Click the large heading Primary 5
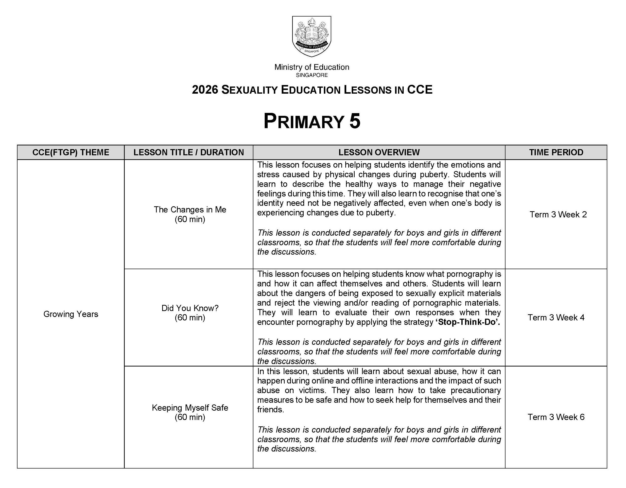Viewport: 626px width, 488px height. [x=312, y=121]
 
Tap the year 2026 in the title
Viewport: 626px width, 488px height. [x=205, y=90]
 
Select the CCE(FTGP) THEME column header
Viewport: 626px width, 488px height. [x=70, y=152]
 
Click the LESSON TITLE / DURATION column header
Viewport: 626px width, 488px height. [x=189, y=152]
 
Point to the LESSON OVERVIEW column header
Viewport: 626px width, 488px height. [x=379, y=152]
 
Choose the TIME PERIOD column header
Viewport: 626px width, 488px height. [x=556, y=152]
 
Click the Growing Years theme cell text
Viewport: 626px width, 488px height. [x=70, y=314]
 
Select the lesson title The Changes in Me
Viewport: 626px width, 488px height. [x=190, y=209]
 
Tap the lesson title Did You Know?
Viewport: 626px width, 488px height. [x=190, y=308]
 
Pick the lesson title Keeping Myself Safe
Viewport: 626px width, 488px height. [x=190, y=407]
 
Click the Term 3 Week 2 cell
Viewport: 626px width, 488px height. [x=558, y=214]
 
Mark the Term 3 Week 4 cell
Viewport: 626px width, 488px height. [x=556, y=317]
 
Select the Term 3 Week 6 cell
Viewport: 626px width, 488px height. [x=556, y=417]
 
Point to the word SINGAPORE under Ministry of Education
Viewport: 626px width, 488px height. [x=312, y=75]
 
